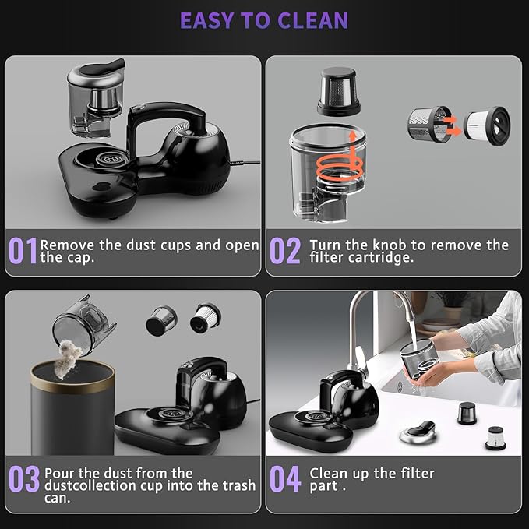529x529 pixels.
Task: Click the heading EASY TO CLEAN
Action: [x=264, y=19]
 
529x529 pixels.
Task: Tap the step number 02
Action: [x=284, y=251]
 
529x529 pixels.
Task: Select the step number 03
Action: [x=23, y=480]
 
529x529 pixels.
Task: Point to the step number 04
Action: [x=284, y=480]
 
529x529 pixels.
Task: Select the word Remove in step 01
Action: [x=69, y=245]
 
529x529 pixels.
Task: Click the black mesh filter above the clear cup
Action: [x=337, y=91]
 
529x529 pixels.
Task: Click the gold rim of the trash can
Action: [x=72, y=368]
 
